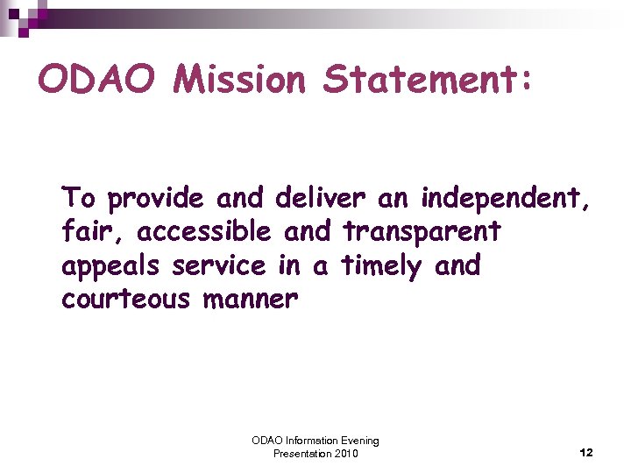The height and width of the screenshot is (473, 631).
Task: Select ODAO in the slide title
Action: (x=98, y=81)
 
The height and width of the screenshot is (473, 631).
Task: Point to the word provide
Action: (x=155, y=200)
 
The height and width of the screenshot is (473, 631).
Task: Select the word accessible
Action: (x=204, y=232)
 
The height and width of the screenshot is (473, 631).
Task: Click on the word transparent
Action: (x=422, y=232)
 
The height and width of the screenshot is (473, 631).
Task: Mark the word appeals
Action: (x=113, y=266)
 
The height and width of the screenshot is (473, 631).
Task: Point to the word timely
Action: (x=382, y=266)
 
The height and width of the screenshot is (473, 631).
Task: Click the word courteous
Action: (x=125, y=300)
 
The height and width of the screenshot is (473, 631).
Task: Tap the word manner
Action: (x=251, y=300)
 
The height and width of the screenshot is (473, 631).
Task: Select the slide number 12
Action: (x=586, y=453)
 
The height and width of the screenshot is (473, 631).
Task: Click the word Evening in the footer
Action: (x=358, y=441)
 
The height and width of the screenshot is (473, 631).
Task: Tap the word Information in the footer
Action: (x=305, y=441)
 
